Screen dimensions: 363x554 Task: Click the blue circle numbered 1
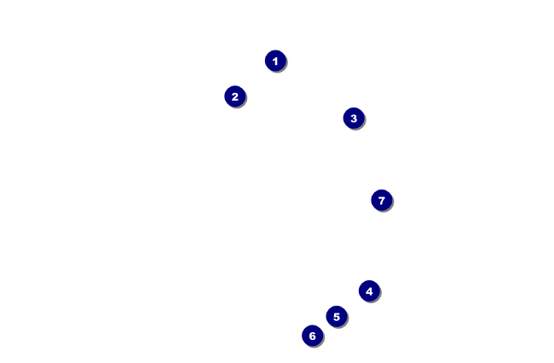click(274, 61)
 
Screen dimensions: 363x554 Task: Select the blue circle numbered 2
click(234, 97)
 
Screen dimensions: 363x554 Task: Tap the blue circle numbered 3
click(354, 118)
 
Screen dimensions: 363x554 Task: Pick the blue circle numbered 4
click(368, 291)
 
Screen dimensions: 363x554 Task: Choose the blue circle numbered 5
click(336, 317)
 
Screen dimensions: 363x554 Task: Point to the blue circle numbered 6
click(312, 336)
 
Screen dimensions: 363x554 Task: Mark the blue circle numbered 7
click(381, 200)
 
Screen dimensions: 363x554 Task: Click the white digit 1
click(274, 61)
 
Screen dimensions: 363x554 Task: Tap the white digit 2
click(234, 97)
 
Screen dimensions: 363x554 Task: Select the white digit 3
click(354, 118)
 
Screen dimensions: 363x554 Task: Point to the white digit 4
click(368, 291)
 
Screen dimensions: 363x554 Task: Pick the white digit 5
click(336, 317)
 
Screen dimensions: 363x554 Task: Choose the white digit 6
click(312, 336)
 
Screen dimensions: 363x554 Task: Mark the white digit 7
click(381, 200)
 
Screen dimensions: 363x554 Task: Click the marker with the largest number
click(381, 200)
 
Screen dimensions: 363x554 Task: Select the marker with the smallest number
click(274, 61)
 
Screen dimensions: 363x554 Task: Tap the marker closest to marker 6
click(336, 317)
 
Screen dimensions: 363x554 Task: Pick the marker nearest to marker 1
click(234, 97)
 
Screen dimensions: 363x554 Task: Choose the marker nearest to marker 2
click(274, 61)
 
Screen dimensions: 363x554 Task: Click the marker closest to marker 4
click(336, 317)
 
